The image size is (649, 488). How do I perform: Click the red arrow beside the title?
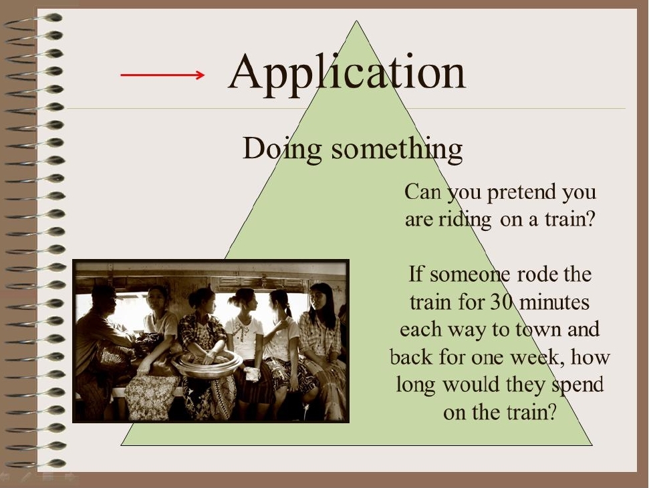click(x=162, y=75)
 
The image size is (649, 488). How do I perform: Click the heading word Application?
click(x=347, y=73)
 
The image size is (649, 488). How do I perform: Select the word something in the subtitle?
click(x=396, y=149)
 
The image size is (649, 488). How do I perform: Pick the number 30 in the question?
click(x=502, y=302)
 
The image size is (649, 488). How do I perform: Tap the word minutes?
click(x=554, y=302)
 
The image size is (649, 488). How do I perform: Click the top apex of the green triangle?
click(x=356, y=21)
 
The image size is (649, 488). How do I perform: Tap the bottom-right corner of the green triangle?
click(x=592, y=445)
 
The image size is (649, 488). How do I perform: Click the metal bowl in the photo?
click(x=207, y=364)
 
